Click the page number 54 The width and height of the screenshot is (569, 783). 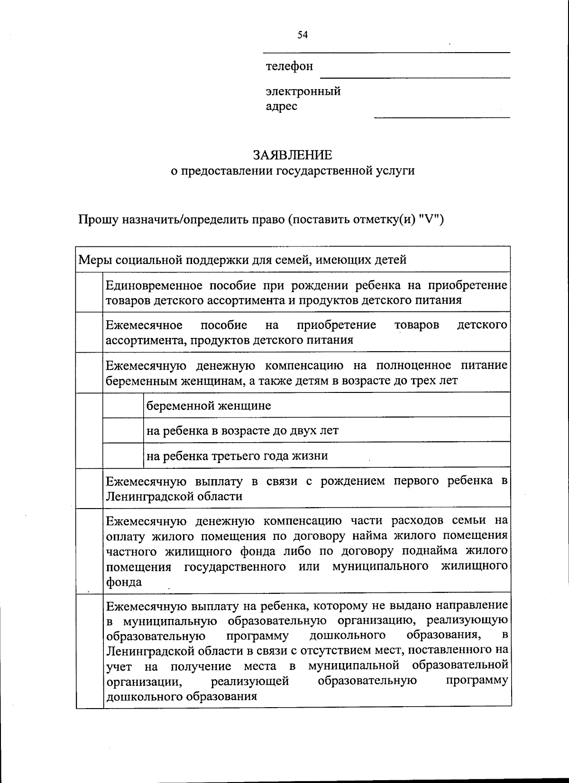click(x=303, y=35)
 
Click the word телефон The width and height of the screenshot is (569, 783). click(x=289, y=66)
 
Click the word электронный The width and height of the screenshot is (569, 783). click(x=303, y=91)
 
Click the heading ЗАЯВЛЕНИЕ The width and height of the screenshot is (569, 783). click(x=293, y=155)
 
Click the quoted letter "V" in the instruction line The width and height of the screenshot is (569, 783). click(x=431, y=220)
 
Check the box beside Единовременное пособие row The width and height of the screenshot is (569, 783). click(x=89, y=292)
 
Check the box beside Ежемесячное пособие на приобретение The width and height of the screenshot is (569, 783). click(x=89, y=332)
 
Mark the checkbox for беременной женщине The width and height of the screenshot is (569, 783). click(x=123, y=406)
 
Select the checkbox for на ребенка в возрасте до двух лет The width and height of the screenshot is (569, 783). click(x=123, y=430)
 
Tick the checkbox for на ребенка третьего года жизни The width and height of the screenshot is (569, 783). click(x=123, y=455)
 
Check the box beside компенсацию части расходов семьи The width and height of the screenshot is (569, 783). click(x=89, y=551)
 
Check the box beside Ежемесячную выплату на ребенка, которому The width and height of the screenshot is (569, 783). click(x=89, y=650)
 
